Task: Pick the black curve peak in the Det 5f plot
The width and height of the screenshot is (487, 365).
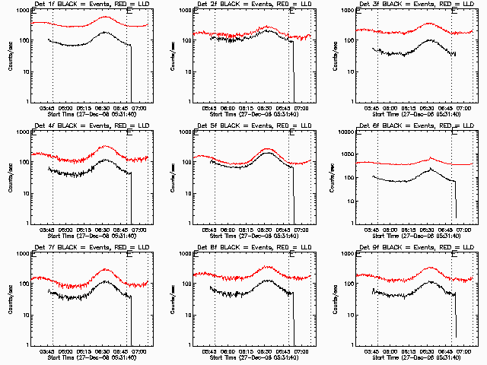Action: point(267,154)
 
